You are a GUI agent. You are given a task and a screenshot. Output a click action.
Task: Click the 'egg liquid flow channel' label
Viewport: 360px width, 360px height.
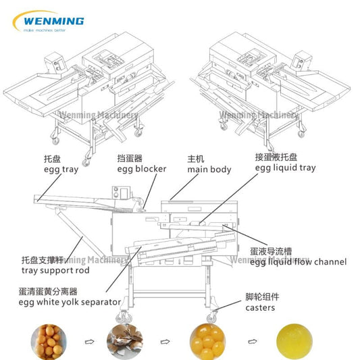click(298, 261)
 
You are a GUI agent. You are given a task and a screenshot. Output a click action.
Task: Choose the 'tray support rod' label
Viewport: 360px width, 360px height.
click(51, 269)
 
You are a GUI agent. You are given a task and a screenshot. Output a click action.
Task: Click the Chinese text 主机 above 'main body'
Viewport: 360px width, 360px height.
click(195, 159)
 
